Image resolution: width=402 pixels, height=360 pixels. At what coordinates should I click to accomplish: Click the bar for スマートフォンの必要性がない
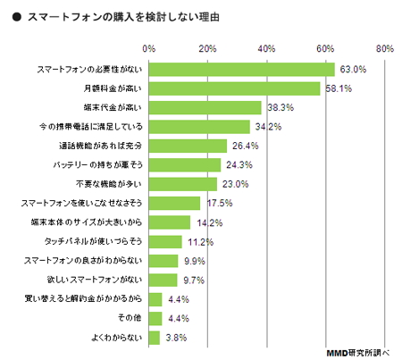pos(241,69)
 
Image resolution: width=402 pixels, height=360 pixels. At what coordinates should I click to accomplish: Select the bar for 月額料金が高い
pos(234,88)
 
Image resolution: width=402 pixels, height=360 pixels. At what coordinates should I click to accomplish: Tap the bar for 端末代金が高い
pos(205,107)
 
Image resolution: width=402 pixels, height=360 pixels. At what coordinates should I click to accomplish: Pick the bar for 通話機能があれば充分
pos(188,146)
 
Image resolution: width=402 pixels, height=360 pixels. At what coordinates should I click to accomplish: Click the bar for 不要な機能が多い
pos(182,184)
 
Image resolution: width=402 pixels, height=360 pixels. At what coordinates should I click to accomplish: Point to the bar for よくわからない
pos(155,338)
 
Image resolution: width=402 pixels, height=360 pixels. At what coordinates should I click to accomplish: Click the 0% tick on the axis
pos(149,47)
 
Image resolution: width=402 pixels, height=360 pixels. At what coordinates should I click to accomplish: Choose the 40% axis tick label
pos(267,47)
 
